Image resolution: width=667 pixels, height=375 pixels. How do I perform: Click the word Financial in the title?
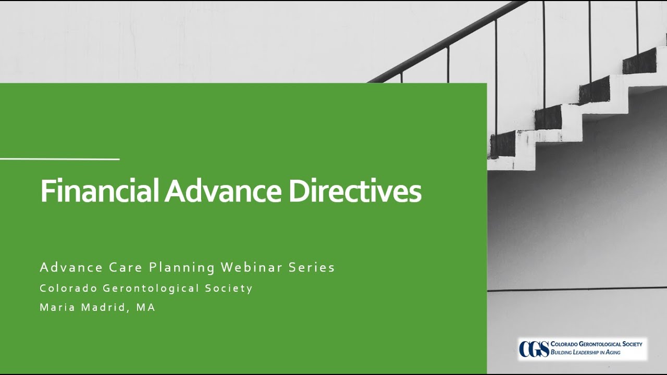point(100,192)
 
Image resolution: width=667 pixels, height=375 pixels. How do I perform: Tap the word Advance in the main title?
point(222,192)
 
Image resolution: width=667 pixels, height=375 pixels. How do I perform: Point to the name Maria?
point(58,307)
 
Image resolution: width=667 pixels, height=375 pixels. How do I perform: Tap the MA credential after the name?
point(146,307)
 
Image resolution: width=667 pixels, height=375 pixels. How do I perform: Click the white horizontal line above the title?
point(59,159)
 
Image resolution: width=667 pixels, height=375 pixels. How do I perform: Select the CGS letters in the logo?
point(534,348)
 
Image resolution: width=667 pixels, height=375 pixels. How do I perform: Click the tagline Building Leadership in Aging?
point(586,353)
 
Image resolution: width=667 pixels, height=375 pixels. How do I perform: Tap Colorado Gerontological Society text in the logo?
point(596,344)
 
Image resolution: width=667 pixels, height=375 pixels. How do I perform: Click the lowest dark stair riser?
point(502,144)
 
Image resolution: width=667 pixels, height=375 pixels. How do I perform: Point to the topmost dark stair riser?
point(639,61)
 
